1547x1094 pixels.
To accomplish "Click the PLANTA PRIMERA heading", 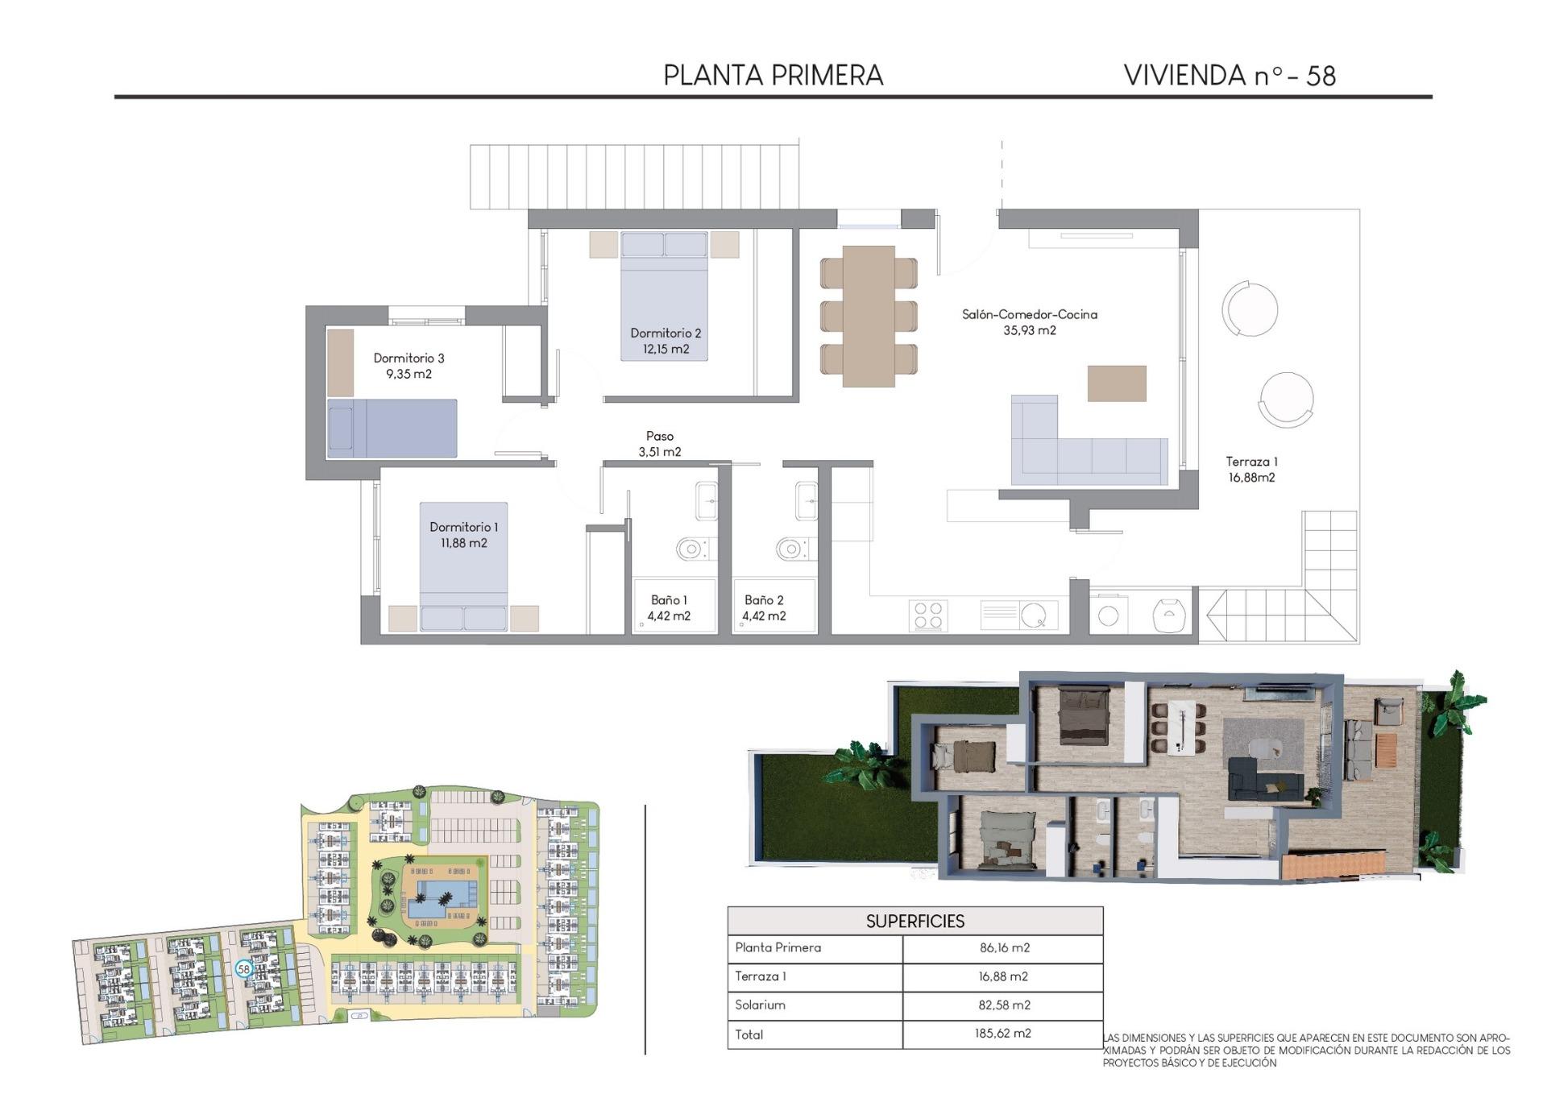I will point(773,75).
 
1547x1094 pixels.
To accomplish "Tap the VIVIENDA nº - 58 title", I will point(1230,75).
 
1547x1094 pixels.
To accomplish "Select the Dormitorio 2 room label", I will point(666,333).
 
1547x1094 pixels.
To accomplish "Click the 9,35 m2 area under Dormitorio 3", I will point(409,374).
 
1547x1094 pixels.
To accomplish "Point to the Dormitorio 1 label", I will point(463,527).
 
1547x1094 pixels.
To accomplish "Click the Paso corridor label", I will point(659,436).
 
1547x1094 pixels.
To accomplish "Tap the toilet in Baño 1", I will point(691,549).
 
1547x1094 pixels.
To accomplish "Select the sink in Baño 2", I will point(806,500).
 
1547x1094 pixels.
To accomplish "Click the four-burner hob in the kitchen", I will point(927,615).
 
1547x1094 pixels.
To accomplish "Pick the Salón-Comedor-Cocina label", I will point(1029,314).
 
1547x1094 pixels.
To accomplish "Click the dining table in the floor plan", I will point(869,316).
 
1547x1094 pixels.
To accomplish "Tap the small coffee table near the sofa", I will point(1117,383).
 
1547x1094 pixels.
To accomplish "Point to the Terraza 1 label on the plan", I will point(1251,462).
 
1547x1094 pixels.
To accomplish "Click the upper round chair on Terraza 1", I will point(1250,309).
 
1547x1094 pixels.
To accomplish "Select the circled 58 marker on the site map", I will point(244,968).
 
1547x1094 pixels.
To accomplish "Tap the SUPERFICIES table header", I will point(915,921).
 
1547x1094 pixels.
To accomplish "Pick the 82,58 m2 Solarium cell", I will point(1004,1005).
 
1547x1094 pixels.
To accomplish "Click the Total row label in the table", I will point(749,1034).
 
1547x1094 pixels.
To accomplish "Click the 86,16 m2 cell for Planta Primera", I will point(1004,947).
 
